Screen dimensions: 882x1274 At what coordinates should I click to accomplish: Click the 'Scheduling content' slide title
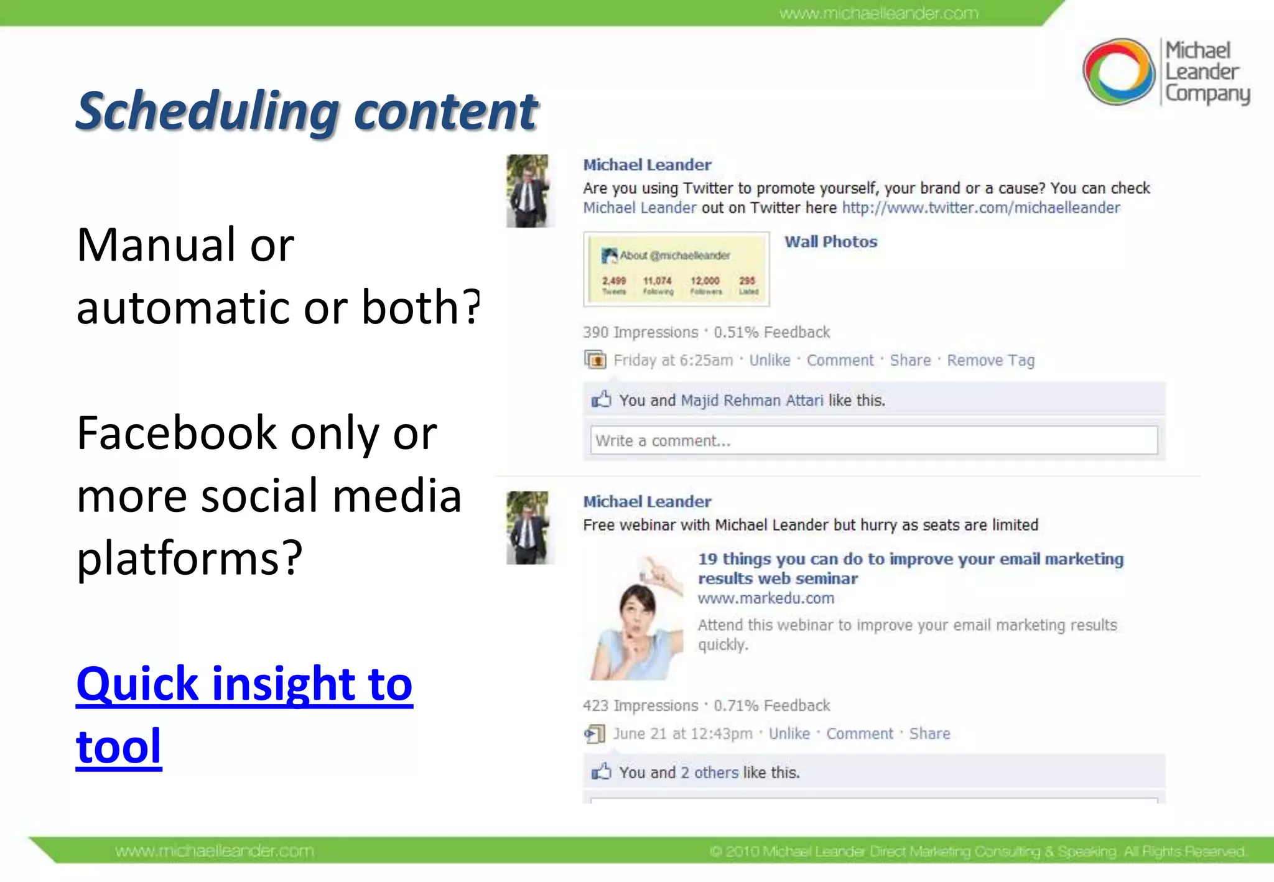307,112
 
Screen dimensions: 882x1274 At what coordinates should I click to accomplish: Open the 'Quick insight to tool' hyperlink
244,684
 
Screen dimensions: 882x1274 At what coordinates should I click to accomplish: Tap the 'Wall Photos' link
830,242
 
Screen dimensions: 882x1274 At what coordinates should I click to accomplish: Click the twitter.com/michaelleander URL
980,208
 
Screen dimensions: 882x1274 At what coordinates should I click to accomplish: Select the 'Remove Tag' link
990,361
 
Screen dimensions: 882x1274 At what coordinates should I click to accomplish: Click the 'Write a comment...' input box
873,440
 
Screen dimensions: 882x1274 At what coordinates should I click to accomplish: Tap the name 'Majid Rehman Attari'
751,401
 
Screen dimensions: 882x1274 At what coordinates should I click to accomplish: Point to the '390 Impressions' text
640,332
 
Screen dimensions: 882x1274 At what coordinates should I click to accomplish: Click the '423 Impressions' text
640,705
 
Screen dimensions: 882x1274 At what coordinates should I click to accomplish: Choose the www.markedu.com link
766,598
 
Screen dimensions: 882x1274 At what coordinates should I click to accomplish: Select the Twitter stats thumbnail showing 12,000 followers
676,269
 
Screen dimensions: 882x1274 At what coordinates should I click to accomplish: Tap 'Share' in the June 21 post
929,734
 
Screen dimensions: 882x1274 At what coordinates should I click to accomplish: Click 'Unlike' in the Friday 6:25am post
770,361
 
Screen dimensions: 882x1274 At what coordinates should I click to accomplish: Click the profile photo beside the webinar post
528,527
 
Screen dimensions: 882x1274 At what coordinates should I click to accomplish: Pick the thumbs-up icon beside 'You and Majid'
601,399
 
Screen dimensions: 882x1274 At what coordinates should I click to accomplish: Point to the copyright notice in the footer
977,851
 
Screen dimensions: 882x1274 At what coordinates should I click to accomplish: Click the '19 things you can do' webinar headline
910,569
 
